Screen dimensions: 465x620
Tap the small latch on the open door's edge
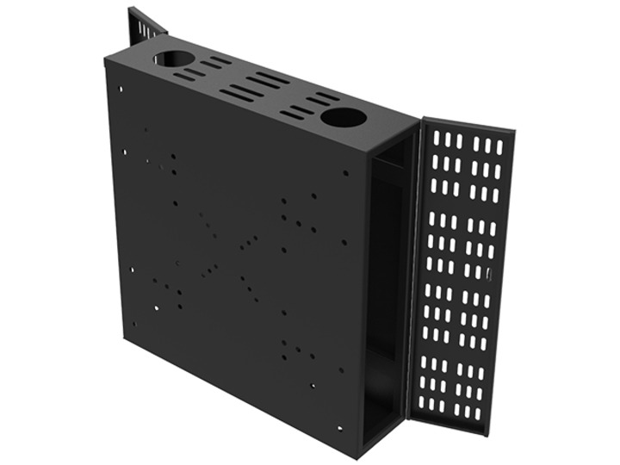pos(487,275)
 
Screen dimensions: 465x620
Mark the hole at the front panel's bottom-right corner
pos(339,427)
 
